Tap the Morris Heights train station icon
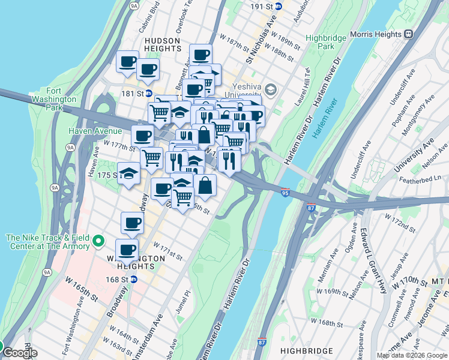coord(409,34)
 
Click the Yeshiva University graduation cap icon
coord(270,90)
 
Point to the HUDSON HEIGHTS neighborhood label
coord(162,44)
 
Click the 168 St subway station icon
coord(134,279)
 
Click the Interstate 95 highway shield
coord(286,193)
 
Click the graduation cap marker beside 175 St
coord(128,173)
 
